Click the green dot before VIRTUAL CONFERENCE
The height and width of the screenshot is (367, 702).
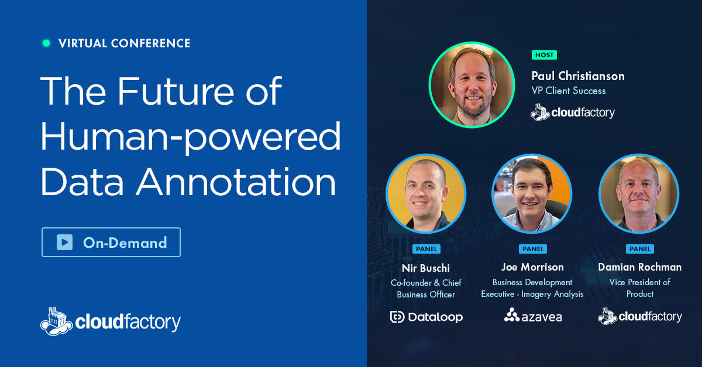pos(46,43)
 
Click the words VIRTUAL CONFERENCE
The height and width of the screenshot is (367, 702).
pos(124,43)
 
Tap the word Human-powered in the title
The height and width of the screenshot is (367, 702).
pos(190,136)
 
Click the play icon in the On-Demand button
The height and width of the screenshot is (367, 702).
pos(64,243)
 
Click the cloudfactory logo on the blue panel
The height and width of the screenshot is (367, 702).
pos(111,321)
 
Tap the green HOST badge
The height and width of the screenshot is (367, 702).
pos(544,55)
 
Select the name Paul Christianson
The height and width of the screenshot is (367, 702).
pos(577,76)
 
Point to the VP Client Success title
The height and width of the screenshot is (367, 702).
pos(568,91)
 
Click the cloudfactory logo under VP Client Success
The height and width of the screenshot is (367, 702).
pos(572,112)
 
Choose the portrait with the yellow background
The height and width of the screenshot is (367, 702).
pos(426,193)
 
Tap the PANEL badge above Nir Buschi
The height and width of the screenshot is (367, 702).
pos(426,249)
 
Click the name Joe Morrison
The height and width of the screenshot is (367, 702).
pos(532,267)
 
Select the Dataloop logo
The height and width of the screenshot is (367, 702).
pos(426,317)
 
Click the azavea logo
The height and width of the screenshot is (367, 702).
pos(532,316)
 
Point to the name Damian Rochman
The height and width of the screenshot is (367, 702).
pos(639,267)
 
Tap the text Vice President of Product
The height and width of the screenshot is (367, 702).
pos(639,288)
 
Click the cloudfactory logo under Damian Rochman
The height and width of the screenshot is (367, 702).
pos(639,316)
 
